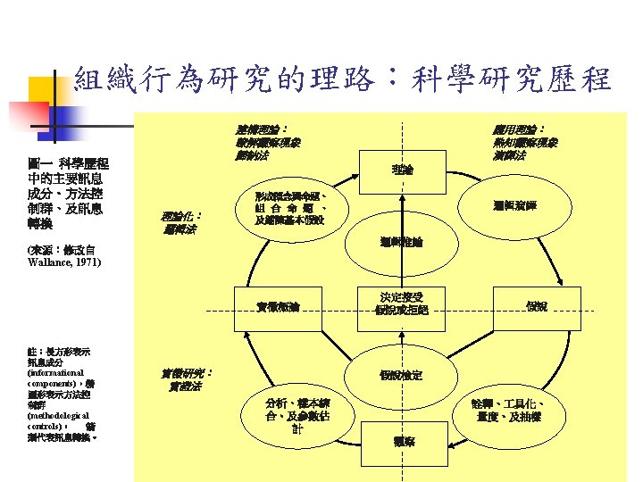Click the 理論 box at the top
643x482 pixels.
[x=403, y=168]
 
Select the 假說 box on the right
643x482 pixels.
[x=536, y=306]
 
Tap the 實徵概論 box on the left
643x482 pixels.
[x=277, y=306]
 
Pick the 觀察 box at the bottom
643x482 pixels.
[x=404, y=441]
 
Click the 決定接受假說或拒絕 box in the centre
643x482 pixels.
[x=404, y=303]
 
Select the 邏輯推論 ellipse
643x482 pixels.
[x=402, y=242]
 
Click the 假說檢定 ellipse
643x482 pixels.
[x=402, y=375]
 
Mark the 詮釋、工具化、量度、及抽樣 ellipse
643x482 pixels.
[x=509, y=410]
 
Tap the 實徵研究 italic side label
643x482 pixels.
[x=185, y=379]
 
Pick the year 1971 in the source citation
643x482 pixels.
[x=88, y=263]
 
